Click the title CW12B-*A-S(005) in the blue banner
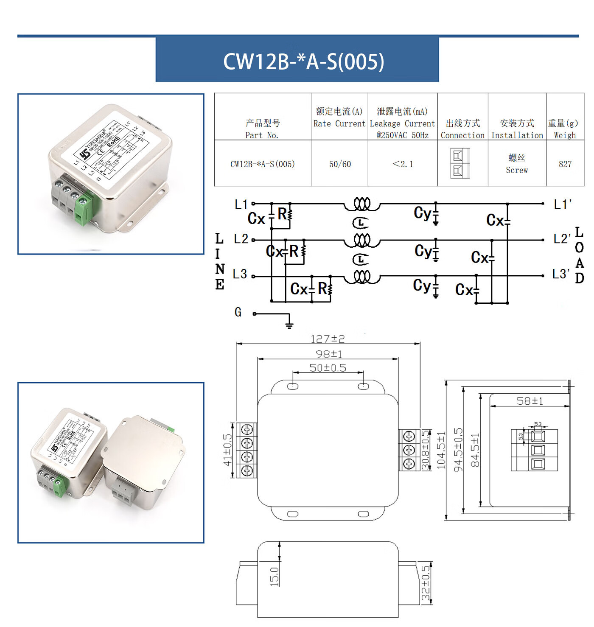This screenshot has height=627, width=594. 303,62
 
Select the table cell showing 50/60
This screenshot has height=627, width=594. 340,164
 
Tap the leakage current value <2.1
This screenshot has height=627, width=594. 403,164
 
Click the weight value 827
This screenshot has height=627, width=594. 565,164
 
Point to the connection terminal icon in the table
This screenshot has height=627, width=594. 460,163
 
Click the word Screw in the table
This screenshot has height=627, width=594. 517,170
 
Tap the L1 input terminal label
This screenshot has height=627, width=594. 241,204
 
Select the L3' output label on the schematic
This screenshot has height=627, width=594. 561,274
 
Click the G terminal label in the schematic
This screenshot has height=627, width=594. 238,312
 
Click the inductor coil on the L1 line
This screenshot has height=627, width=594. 362,204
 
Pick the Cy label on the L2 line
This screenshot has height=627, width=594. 423,251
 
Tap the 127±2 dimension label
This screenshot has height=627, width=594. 328,339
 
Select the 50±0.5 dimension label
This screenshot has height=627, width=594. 328,368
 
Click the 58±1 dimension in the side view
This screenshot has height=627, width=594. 530,401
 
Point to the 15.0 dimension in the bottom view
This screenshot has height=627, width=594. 275,577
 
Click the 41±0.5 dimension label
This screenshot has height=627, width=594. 228,450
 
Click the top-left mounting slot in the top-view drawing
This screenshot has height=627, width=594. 293,386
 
